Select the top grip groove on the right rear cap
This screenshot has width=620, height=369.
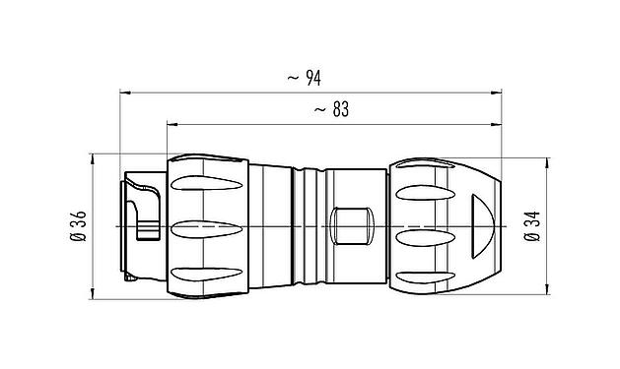426,186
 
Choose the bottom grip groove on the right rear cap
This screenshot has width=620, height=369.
426,272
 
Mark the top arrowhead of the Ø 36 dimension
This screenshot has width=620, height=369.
92,158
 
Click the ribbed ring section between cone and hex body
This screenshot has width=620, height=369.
310,227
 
